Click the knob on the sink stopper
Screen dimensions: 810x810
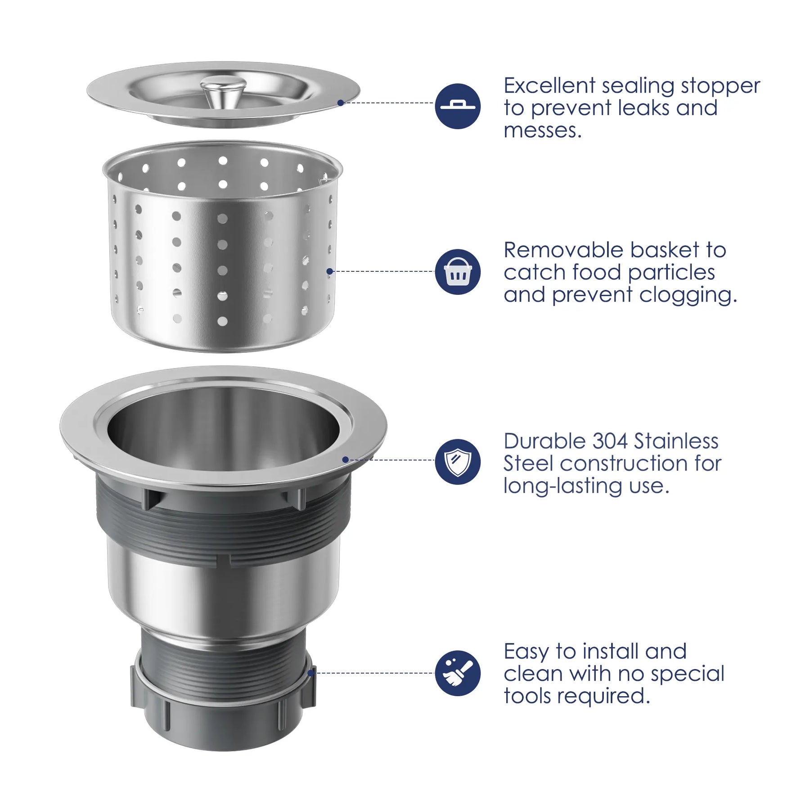point(223,89)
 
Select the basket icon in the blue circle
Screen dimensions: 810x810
point(458,272)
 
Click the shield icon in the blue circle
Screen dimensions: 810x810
point(458,462)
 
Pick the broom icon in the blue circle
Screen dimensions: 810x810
point(458,673)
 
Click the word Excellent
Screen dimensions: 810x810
point(549,85)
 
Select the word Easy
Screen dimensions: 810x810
point(526,652)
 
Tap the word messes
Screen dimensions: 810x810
point(543,131)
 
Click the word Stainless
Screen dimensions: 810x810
point(676,441)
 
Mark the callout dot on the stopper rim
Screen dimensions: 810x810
point(340,103)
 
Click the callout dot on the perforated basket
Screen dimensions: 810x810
point(329,271)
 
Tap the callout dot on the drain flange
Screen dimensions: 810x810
point(345,459)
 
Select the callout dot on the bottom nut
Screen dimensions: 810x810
point(310,673)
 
